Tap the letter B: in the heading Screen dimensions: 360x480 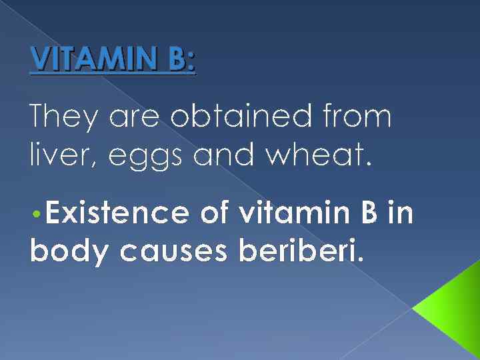pos(177,61)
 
